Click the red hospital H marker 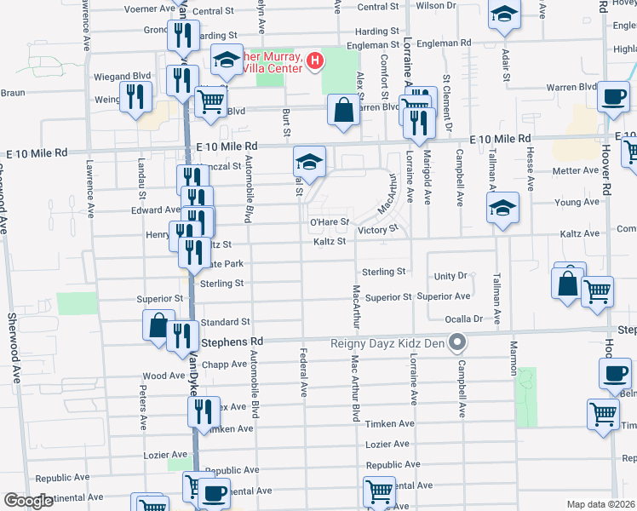pos(315,60)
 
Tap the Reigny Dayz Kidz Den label pos(389,343)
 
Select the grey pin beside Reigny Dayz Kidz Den pos(457,343)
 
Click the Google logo pos(29,501)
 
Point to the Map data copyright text pos(600,504)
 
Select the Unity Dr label pos(451,276)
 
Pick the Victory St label pos(378,230)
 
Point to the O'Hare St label pos(329,222)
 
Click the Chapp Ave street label pos(224,365)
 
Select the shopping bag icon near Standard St pos(159,324)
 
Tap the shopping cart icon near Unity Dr pos(598,290)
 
